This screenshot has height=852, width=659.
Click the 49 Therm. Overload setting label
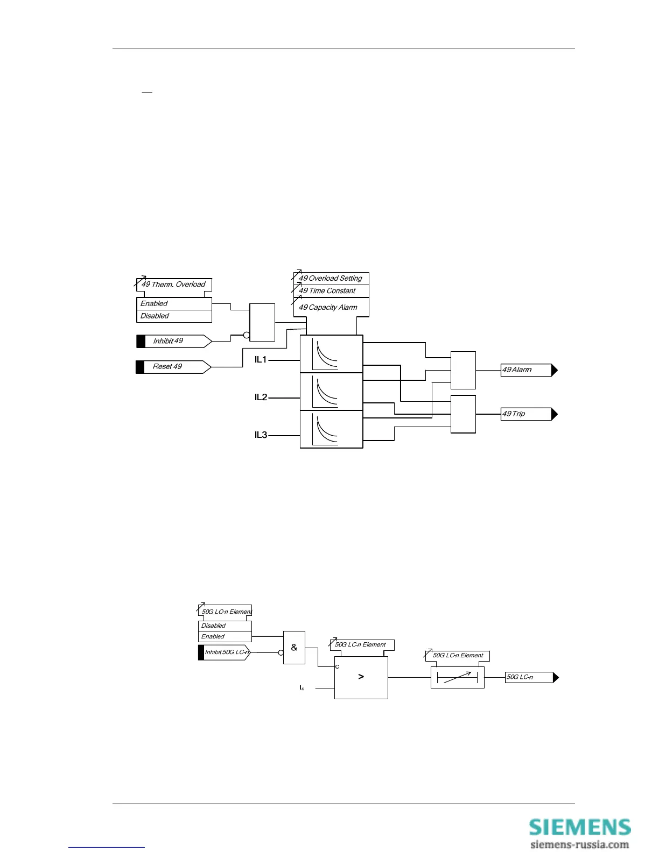(x=173, y=285)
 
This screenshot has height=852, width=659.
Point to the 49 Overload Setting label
(x=331, y=279)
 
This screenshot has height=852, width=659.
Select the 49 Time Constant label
(x=327, y=291)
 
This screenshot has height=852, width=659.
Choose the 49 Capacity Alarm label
(x=328, y=308)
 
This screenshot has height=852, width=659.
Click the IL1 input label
(x=261, y=360)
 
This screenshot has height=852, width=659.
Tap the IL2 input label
(x=261, y=397)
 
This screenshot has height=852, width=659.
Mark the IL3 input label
(x=261, y=435)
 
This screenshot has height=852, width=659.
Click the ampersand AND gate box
(x=294, y=648)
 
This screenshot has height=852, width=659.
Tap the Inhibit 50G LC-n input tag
(x=225, y=652)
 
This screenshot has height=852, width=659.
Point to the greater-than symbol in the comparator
(x=361, y=677)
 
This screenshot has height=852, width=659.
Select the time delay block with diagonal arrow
(x=457, y=678)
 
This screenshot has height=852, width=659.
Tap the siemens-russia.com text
(x=579, y=844)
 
